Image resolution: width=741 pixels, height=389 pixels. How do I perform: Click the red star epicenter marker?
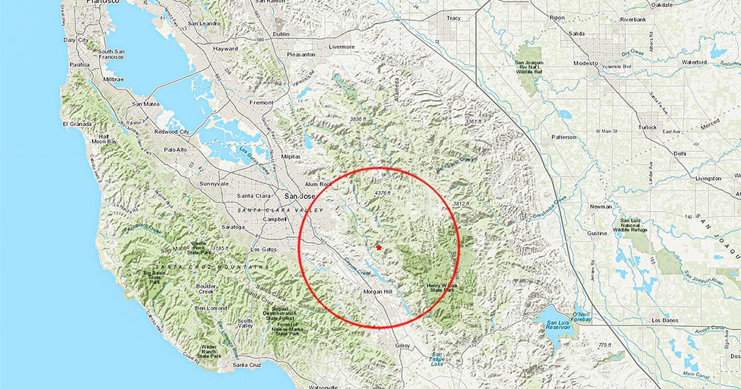tap(378, 247)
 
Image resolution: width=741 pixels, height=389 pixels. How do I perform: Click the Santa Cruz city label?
tap(246, 366)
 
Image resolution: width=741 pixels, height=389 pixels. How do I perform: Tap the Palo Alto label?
tap(175, 150)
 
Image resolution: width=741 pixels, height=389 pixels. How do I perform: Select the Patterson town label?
tap(564, 137)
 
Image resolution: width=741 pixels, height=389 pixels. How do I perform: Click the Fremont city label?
tap(261, 103)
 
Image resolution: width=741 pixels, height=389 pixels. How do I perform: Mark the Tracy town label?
tap(454, 17)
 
